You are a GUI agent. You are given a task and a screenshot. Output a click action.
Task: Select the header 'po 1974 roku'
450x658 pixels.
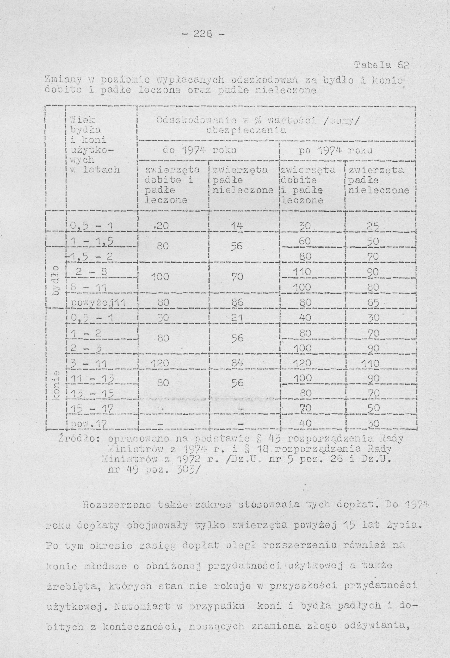pyautogui.click(x=335, y=151)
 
